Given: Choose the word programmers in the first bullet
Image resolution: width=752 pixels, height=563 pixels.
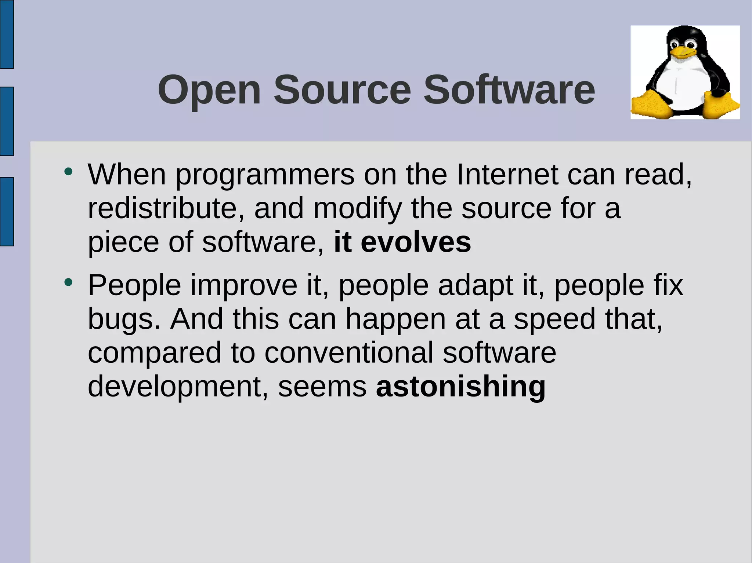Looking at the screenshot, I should [265, 175].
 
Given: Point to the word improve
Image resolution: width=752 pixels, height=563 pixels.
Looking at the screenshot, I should [244, 285].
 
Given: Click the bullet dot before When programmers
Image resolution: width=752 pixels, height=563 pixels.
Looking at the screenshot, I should [68, 171].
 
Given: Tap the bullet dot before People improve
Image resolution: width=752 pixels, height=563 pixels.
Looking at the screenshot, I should [68, 282].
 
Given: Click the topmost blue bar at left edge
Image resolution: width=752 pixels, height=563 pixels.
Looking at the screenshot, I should [7, 34].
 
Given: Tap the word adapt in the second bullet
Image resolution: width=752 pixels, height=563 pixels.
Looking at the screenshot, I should [476, 285].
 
